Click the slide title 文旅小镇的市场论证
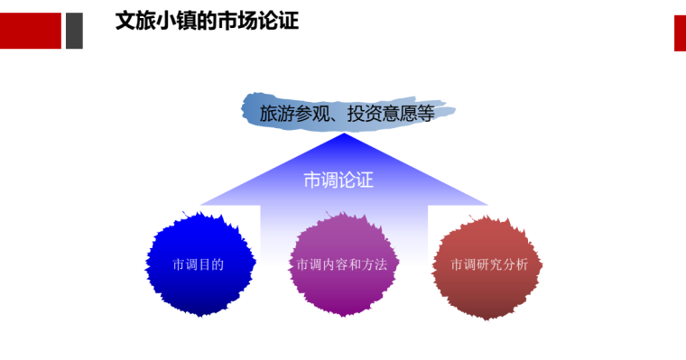coord(207,21)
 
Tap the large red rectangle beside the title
coord(30,31)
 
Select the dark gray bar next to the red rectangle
coord(74,31)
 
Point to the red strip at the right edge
coord(680,33)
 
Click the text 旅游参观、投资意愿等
coord(348,114)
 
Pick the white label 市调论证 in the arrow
coord(338,180)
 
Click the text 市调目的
coord(198,264)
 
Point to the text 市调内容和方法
coord(341,264)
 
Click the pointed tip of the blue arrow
coord(344,135)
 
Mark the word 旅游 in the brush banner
coord(277,114)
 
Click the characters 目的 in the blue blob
coord(210,264)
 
